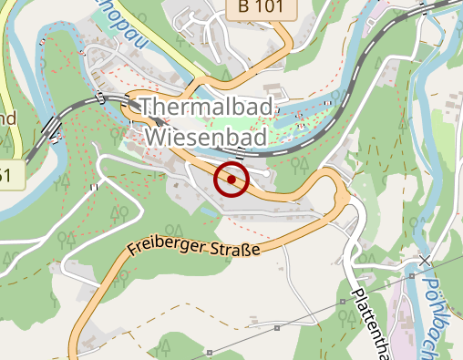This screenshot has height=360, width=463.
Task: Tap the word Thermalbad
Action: [x=207, y=108]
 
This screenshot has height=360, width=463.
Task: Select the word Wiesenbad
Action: [x=206, y=138]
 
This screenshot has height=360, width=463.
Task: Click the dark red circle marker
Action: [x=232, y=180]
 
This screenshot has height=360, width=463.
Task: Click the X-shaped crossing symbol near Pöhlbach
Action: [x=425, y=261]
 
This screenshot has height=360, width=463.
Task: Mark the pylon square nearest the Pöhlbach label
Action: [x=412, y=273]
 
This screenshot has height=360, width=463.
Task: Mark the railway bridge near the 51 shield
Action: [x=53, y=123]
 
